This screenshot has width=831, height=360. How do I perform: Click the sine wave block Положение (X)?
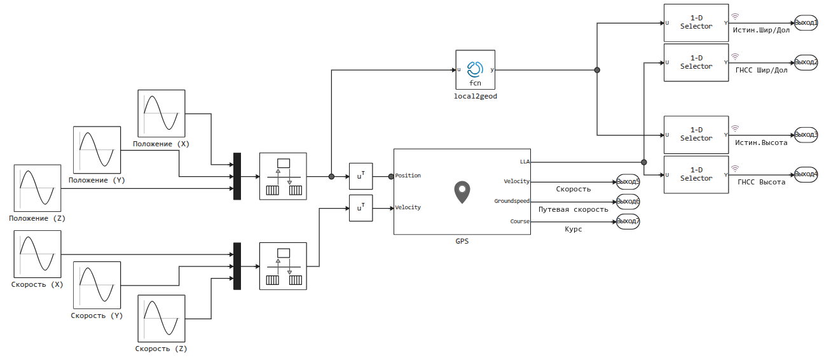tap(161, 113)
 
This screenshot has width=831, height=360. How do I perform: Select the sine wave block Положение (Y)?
tap(97, 149)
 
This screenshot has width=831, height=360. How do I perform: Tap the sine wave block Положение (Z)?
tap(38, 188)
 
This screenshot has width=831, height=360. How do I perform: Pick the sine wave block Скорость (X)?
tap(38, 254)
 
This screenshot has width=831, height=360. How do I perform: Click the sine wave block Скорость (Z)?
tap(161, 318)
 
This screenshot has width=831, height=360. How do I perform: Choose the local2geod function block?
tap(475, 70)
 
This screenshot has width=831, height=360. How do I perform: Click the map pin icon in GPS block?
tap(462, 192)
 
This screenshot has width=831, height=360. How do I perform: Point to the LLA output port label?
tap(524, 162)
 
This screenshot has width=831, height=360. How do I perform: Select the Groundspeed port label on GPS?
tap(512, 201)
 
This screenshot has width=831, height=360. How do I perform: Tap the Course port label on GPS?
tap(519, 221)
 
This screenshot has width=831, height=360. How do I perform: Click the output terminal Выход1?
tap(806, 23)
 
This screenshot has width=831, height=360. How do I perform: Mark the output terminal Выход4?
tap(806, 174)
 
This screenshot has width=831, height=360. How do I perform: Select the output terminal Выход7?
tap(628, 221)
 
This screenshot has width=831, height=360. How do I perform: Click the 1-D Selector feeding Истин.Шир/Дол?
tap(696, 23)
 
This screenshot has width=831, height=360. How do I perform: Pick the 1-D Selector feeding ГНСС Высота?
tap(696, 174)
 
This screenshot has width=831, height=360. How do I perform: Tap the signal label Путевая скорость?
tap(573, 209)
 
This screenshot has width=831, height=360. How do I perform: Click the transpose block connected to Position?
tap(361, 176)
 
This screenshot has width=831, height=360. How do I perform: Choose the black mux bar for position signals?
tap(237, 176)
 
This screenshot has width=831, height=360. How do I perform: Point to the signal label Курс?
tap(573, 229)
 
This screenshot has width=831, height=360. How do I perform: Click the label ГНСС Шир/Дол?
tap(761, 70)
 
